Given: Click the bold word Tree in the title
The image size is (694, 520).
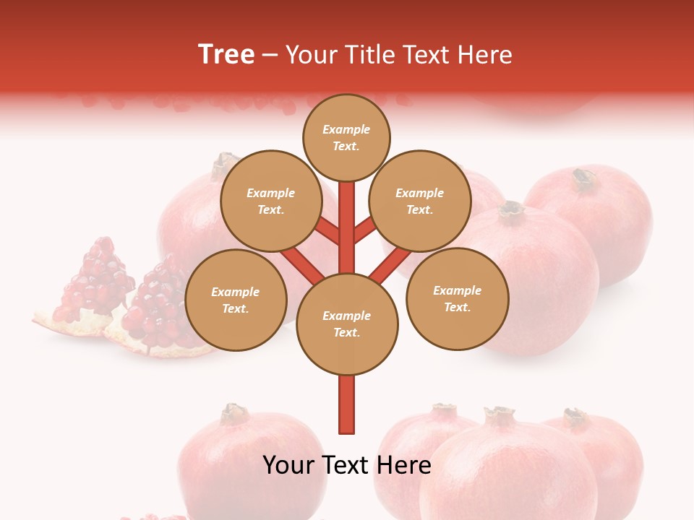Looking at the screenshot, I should pos(226,55).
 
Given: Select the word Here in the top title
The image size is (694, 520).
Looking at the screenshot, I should pos(484,55).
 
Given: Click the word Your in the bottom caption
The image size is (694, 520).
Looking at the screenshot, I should pos(288,465).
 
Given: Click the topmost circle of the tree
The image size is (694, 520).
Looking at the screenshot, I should pos(346,137).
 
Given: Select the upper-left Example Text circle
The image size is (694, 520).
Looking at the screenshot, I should pos(270,201).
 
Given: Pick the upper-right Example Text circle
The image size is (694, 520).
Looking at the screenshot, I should pos(419,201).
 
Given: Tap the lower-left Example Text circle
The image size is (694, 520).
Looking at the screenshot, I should pos(236,300).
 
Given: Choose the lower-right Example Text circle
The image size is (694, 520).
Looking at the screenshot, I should pos(457,298).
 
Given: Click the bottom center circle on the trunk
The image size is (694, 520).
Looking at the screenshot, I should pos(346,324).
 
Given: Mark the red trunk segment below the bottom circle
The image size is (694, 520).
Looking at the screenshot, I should pos(346,404).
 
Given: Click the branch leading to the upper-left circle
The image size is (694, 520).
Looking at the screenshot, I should pos(327,233).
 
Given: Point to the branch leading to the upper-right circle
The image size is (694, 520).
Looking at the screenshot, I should pos(364,231).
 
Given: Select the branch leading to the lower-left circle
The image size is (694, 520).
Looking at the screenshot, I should pos(302,264).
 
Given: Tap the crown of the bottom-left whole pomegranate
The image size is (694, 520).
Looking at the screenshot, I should pos(234,413).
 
